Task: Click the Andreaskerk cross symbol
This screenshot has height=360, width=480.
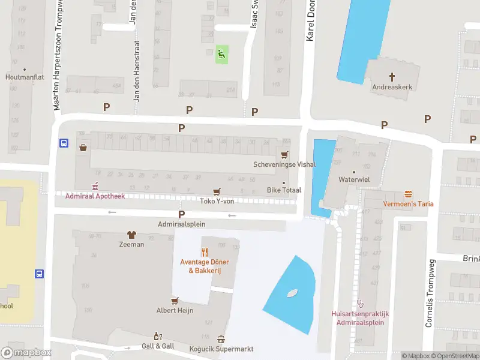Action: click(392, 76)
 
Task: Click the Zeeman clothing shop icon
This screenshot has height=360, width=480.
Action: click(131, 235)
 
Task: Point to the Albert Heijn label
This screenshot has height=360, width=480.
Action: click(175, 310)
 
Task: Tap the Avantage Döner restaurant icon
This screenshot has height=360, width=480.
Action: click(204, 252)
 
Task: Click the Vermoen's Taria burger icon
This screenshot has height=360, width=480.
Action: click(408, 194)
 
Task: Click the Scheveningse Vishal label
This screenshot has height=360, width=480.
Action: click(284, 164)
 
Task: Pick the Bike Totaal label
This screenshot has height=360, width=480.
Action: click(284, 190)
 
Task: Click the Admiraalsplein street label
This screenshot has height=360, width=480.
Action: click(181, 224)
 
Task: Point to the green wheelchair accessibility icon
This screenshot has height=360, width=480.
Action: click(222, 55)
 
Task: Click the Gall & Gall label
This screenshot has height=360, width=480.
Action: click(158, 346)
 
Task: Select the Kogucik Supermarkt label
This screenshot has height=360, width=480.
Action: click(222, 349)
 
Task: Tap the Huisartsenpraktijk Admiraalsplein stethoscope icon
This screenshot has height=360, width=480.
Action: click(360, 303)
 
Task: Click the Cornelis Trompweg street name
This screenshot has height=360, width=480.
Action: click(430, 293)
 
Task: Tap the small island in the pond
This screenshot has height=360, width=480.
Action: click(293, 293)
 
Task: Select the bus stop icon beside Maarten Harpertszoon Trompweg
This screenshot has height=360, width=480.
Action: click(63, 143)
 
